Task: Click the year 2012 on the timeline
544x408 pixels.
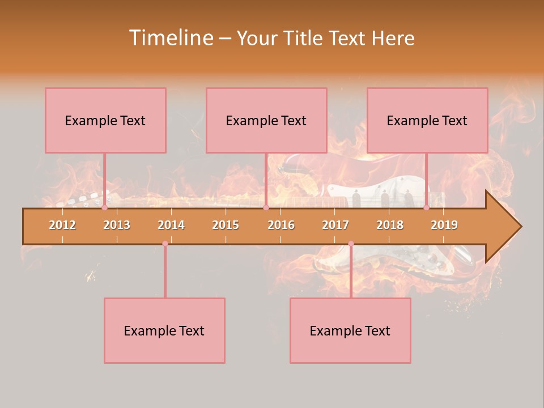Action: pos(62,225)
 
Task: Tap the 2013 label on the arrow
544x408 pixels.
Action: pos(117,225)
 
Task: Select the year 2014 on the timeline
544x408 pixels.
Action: pos(171,225)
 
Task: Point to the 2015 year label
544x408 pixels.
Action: pos(226,225)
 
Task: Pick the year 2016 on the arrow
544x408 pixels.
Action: pos(281,225)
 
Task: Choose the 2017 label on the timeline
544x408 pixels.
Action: pos(335,225)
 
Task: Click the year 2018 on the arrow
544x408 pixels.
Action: pos(390,225)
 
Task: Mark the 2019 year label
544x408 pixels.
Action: pos(444,225)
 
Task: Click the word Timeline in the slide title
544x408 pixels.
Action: pos(171,38)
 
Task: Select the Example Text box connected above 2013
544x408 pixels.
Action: pos(105,120)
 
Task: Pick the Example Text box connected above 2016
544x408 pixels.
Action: pos(266,120)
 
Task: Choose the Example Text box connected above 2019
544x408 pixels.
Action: pos(427,120)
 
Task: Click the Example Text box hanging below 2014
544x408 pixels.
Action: pos(164,330)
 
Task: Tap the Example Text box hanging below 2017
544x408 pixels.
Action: pos(350,330)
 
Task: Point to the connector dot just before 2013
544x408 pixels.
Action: pos(104,208)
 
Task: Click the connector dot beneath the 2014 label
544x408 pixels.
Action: pos(165,244)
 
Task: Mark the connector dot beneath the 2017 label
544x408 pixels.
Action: pos(351,244)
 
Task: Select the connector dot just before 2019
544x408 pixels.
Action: pos(426,208)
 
